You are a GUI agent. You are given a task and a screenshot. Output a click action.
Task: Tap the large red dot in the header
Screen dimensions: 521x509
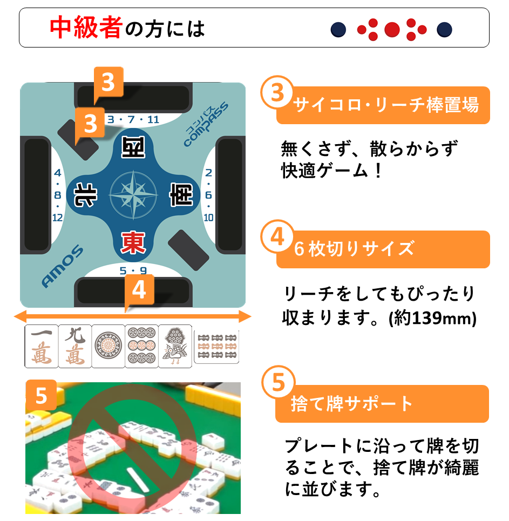(x=392, y=29)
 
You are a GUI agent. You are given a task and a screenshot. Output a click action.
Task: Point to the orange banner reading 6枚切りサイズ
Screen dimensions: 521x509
(x=383, y=249)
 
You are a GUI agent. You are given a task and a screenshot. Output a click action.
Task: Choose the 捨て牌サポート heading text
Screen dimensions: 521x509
(x=351, y=403)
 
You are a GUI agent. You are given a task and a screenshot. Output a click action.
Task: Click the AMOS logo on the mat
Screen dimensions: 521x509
(x=62, y=267)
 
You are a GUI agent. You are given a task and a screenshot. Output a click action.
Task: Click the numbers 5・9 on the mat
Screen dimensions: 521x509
(x=133, y=270)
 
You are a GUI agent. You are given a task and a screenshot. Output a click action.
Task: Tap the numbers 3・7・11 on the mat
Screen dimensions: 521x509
(x=133, y=119)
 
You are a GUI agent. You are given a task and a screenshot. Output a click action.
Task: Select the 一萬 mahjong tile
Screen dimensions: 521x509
(x=42, y=346)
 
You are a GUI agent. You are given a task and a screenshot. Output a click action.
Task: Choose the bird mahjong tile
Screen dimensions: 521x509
(x=175, y=346)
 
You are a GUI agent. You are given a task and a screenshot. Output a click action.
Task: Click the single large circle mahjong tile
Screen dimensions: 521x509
(x=108, y=346)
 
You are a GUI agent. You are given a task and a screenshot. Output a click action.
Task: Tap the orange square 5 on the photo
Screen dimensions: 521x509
(x=41, y=397)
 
